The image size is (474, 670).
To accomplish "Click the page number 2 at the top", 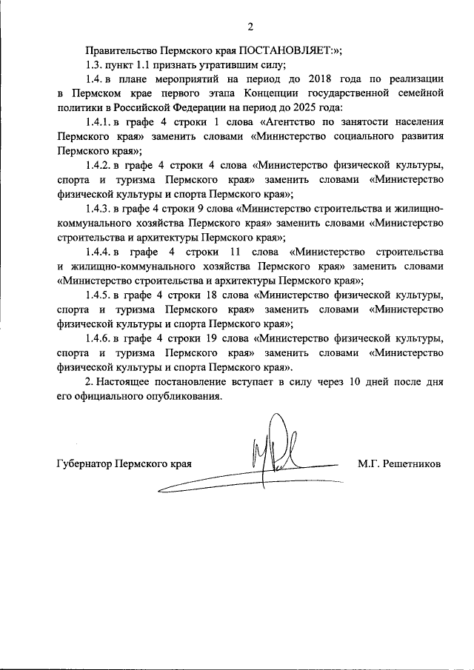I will pyautogui.click(x=250, y=27).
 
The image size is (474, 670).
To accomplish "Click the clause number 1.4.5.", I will pyautogui.click(x=99, y=296).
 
